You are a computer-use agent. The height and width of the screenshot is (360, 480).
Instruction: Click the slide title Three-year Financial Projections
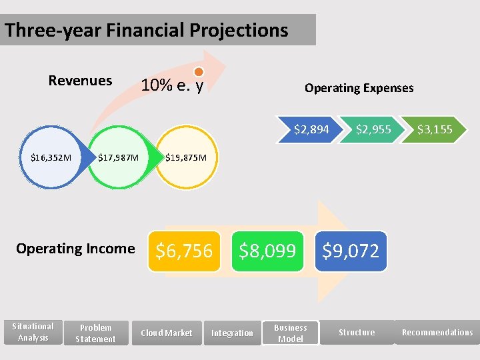pyautogui.click(x=147, y=31)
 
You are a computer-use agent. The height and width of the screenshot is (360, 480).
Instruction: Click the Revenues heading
pyautogui.click(x=80, y=81)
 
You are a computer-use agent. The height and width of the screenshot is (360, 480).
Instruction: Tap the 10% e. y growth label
pyautogui.click(x=171, y=86)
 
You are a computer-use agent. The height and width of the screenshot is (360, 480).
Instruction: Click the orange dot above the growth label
pyautogui.click(x=198, y=72)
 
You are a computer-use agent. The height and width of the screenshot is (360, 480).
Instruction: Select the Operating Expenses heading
pyautogui.click(x=359, y=88)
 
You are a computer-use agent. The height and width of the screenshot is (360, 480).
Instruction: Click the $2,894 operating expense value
pyautogui.click(x=311, y=129)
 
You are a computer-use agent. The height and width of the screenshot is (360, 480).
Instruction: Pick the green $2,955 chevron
pyautogui.click(x=372, y=129)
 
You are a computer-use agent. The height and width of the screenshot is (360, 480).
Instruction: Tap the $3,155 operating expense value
pyautogui.click(x=434, y=129)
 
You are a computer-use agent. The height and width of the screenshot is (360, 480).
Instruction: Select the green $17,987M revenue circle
pyautogui.click(x=118, y=158)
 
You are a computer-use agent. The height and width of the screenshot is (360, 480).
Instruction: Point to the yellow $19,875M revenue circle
pyautogui.click(x=186, y=158)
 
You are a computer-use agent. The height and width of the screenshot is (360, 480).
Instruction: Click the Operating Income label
pyautogui.click(x=75, y=249)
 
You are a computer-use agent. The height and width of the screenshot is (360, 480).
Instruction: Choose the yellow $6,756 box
pyautogui.click(x=183, y=251)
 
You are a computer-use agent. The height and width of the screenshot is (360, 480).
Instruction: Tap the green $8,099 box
pyautogui.click(x=267, y=251)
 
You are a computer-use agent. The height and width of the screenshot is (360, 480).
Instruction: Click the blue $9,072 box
pyautogui.click(x=351, y=251)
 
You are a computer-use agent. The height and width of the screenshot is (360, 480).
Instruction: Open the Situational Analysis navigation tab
pyautogui.click(x=33, y=332)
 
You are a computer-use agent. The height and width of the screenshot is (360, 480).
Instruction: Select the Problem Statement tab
pyautogui.click(x=95, y=333)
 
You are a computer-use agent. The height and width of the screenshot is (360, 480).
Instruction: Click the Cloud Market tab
pyautogui.click(x=166, y=333)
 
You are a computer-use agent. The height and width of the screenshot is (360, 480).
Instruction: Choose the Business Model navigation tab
pyautogui.click(x=290, y=333)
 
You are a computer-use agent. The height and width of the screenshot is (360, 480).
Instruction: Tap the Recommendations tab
pyautogui.click(x=437, y=332)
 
